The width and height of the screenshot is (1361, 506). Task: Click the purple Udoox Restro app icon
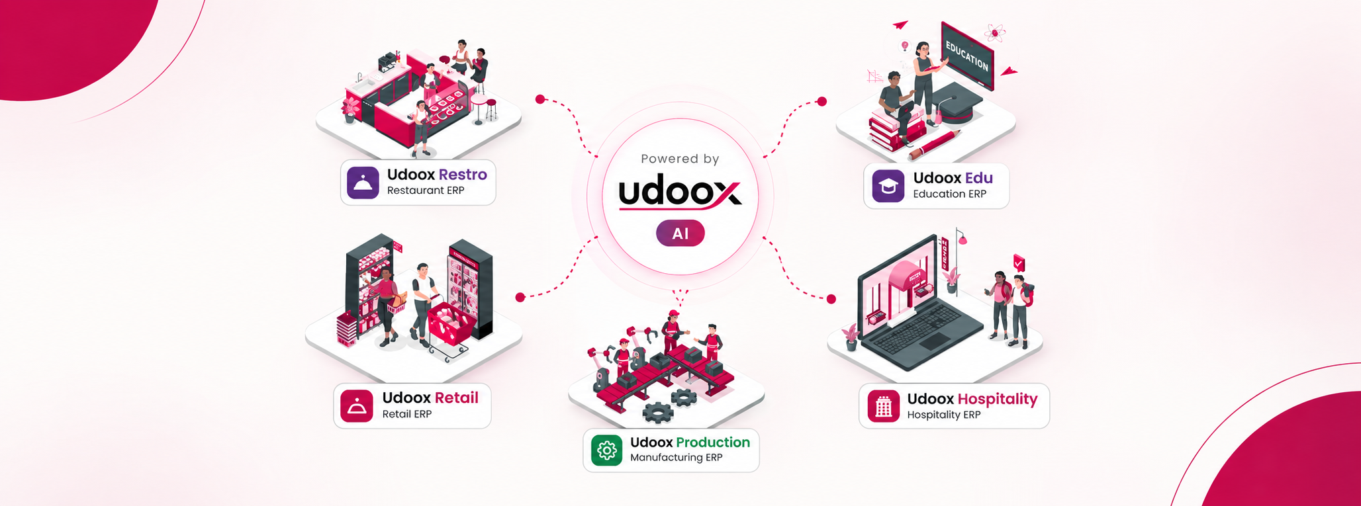coord(363,183)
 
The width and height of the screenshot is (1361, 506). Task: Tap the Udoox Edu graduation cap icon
coord(888,186)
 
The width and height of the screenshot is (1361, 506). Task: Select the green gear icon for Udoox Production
coord(606,450)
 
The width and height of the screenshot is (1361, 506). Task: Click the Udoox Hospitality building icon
coord(883,406)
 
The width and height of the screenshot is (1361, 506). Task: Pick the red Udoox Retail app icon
coord(357,406)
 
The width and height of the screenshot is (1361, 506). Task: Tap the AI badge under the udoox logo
coord(680,233)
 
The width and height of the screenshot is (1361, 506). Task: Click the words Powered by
coord(680,159)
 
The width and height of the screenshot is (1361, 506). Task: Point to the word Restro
coord(463,175)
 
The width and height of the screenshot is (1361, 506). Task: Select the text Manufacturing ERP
coord(676,458)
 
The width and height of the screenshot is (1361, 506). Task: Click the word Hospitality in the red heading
coord(998,399)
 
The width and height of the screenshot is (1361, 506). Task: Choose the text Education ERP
coord(949,194)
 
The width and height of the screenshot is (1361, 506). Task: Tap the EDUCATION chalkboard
coord(968,56)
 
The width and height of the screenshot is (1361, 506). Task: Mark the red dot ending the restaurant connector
coord(540,99)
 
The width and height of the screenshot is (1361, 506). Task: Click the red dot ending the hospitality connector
coord(831,299)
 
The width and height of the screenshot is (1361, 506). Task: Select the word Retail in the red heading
coord(456,398)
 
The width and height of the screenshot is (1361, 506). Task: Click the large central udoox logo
coord(680,194)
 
